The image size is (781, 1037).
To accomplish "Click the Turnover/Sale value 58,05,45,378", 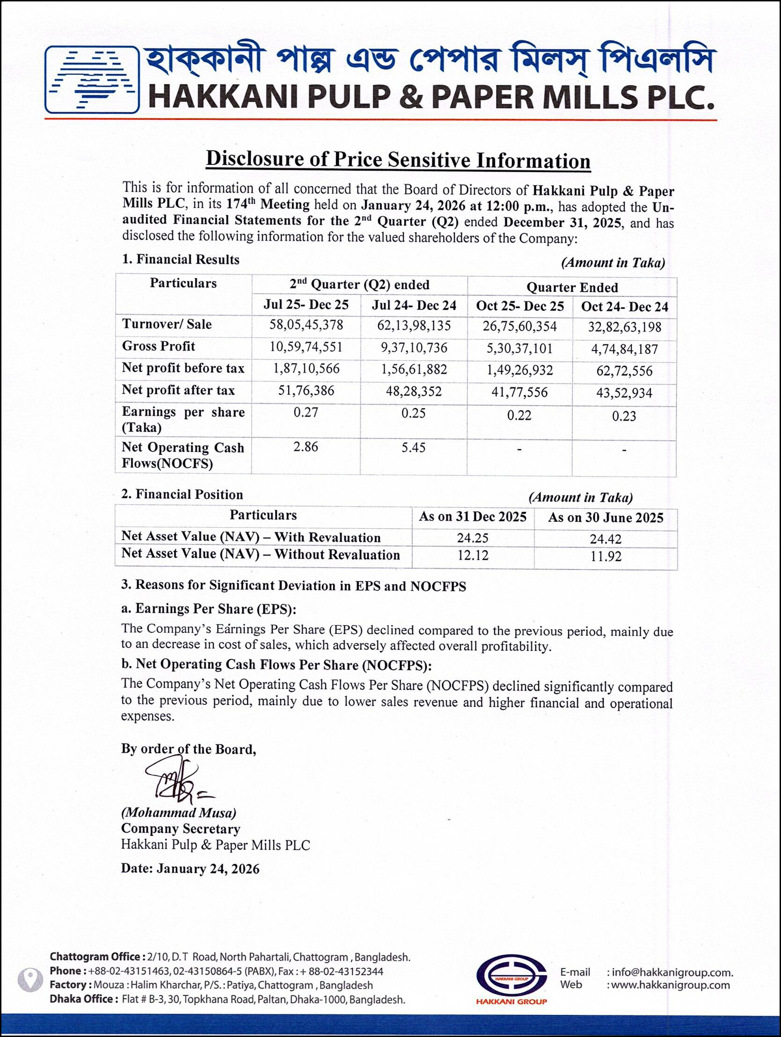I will [306, 325].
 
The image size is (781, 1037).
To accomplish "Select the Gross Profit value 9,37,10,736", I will [414, 347].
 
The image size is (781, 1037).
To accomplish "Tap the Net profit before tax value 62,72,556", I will [624, 371].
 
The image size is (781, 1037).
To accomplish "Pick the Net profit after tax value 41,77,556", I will [519, 392].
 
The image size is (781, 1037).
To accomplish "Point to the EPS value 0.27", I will [306, 413].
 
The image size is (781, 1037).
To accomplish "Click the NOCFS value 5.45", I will [414, 447].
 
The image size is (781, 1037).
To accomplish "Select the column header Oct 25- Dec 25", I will [520, 306].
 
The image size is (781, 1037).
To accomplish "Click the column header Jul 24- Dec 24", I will [414, 305].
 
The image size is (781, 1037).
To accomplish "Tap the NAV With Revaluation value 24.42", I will [606, 539].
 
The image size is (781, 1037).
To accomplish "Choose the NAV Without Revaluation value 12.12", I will [473, 555].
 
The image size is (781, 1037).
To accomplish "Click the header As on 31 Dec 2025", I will [473, 517].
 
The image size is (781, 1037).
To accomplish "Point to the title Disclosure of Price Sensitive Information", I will [398, 160].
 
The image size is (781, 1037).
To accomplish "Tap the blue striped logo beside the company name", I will [92, 80].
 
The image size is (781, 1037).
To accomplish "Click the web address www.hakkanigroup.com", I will [671, 986].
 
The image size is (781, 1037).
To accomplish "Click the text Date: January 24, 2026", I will [190, 869].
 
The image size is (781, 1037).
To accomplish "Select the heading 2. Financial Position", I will [182, 495].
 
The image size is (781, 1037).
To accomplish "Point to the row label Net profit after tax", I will [178, 390].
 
